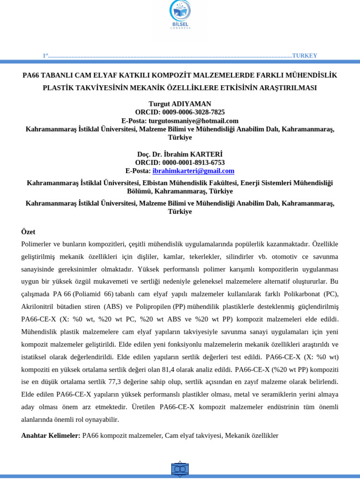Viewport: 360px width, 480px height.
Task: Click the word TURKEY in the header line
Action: (x=305, y=56)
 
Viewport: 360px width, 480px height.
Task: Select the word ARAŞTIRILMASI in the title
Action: (x=285, y=88)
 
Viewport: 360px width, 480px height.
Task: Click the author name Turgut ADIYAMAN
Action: (x=180, y=104)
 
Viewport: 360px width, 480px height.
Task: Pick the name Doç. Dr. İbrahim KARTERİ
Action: (x=180, y=154)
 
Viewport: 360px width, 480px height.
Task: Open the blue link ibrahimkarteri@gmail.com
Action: (x=193, y=171)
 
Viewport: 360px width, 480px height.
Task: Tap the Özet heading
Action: (x=28, y=232)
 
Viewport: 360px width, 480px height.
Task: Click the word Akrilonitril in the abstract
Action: (x=40, y=307)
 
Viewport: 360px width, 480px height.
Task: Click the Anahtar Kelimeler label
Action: (x=51, y=436)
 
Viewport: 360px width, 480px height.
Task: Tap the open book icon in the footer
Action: (x=180, y=469)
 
